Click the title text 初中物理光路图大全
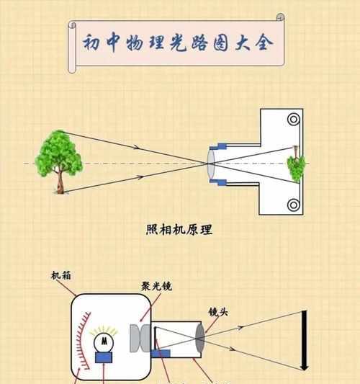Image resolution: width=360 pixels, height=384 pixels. point(178,43)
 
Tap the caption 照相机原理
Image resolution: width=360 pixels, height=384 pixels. point(179,230)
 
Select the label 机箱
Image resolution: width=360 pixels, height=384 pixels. point(61,275)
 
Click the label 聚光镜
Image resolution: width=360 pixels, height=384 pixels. point(157,286)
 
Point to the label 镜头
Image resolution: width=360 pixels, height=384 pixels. point(218,312)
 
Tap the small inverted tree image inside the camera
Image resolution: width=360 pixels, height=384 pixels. point(296,164)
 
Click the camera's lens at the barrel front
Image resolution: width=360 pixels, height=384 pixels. point(211,164)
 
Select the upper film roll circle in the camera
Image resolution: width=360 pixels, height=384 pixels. point(294,120)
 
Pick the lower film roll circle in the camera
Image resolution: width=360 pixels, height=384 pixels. point(294,205)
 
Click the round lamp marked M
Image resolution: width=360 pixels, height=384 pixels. point(104,342)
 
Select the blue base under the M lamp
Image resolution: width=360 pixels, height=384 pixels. point(104,357)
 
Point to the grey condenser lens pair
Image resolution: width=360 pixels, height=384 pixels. point(140,338)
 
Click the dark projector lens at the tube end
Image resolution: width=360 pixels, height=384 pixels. point(200,338)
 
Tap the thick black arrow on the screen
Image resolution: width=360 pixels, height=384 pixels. point(305,340)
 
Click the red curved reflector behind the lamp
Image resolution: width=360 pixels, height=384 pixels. point(83,340)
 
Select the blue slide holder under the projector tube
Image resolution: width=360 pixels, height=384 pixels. point(161,354)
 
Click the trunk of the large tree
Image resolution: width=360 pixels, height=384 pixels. point(60,182)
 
